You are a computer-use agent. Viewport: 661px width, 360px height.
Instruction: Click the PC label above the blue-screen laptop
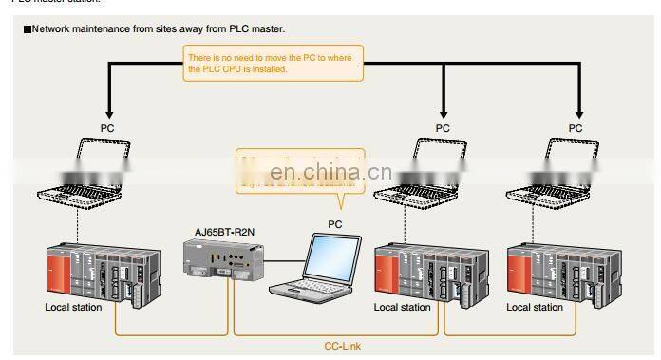[x=336, y=224]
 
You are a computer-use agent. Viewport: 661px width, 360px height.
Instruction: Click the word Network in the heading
[x=54, y=29]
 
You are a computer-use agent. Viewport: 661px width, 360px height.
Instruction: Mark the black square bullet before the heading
[x=28, y=29]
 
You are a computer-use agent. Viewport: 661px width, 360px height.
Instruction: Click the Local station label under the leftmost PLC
[x=74, y=307]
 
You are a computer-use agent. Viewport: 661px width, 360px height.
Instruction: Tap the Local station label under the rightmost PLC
[x=535, y=307]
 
